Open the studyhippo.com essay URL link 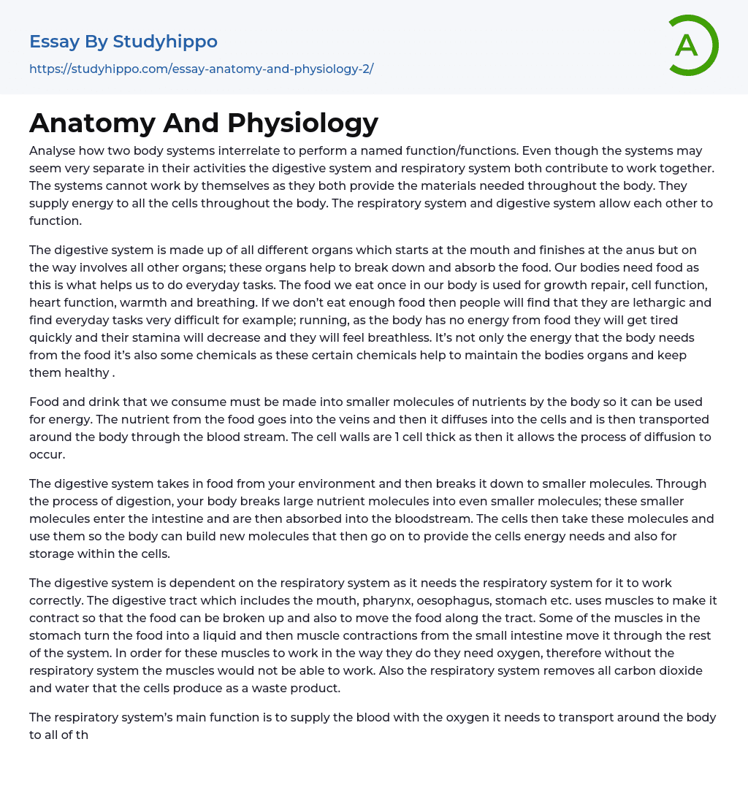pos(201,69)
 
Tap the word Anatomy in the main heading pos(92,123)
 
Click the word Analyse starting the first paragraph pos(55,151)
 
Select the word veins pos(283,419)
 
